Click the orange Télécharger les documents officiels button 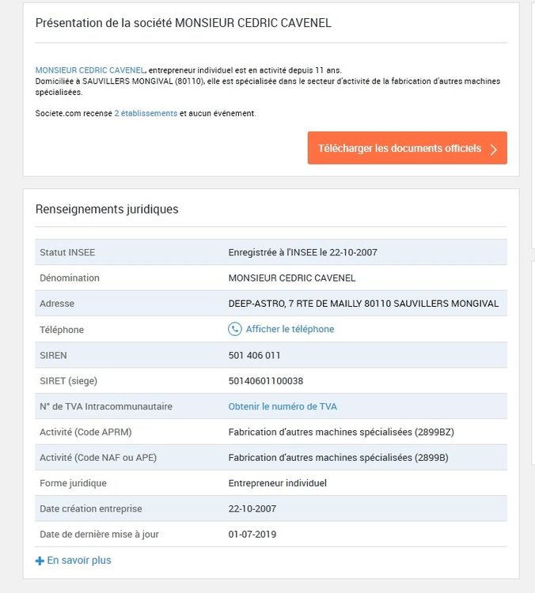[407, 149]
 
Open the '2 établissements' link [146, 113]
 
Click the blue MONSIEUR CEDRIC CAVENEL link [91, 70]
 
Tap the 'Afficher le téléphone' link [290, 329]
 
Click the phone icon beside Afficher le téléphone [235, 329]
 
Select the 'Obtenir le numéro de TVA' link [283, 406]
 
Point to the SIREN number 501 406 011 [254, 355]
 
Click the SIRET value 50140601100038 [266, 380]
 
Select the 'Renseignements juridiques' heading [107, 210]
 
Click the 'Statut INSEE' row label [67, 252]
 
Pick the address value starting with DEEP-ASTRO [363, 304]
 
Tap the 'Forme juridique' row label [73, 483]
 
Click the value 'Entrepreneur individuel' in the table [278, 483]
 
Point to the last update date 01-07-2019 [252, 534]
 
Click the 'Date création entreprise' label [91, 508]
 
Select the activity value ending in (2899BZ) [341, 432]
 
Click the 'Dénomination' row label [70, 278]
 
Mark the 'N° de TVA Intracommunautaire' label [105, 406]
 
